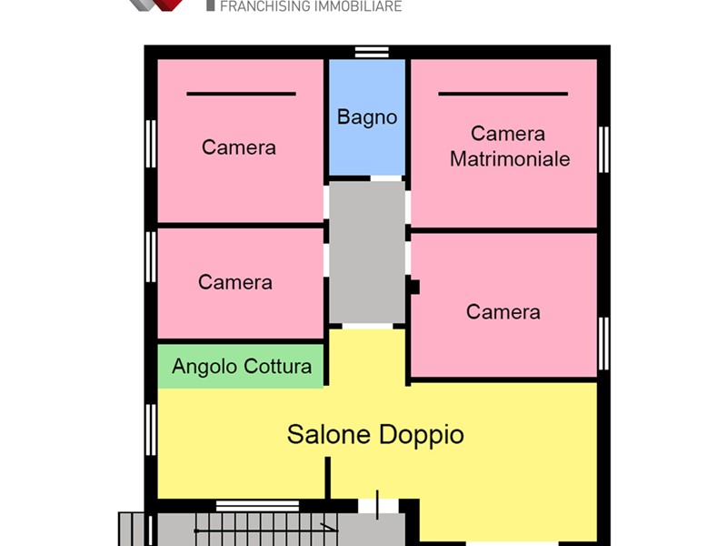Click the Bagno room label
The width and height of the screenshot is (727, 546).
click(x=367, y=117)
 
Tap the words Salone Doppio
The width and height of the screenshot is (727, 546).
click(x=375, y=435)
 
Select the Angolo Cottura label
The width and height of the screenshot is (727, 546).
click(x=242, y=367)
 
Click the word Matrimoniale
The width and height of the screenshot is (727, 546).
click(x=510, y=158)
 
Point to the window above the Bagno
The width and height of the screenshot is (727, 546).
click(x=372, y=52)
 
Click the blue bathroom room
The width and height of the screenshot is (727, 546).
click(x=367, y=117)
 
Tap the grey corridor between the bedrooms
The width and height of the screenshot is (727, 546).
click(x=367, y=252)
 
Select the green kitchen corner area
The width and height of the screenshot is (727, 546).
click(x=241, y=366)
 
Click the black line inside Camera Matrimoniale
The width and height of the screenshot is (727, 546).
click(x=503, y=94)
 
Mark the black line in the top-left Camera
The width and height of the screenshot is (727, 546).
click(x=241, y=94)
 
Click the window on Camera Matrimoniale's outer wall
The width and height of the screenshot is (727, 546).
click(x=603, y=149)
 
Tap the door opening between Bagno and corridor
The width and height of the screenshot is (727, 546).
click(x=385, y=178)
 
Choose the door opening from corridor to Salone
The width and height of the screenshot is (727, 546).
click(x=367, y=327)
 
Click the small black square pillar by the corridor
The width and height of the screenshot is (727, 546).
click(x=413, y=287)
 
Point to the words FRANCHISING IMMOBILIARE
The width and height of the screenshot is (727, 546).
click(x=311, y=6)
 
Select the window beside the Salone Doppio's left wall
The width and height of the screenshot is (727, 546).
click(x=151, y=430)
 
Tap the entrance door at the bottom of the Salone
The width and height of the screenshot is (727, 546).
click(x=377, y=506)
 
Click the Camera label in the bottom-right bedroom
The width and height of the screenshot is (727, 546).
click(x=503, y=312)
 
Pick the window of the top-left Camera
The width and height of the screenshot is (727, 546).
click(x=151, y=144)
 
